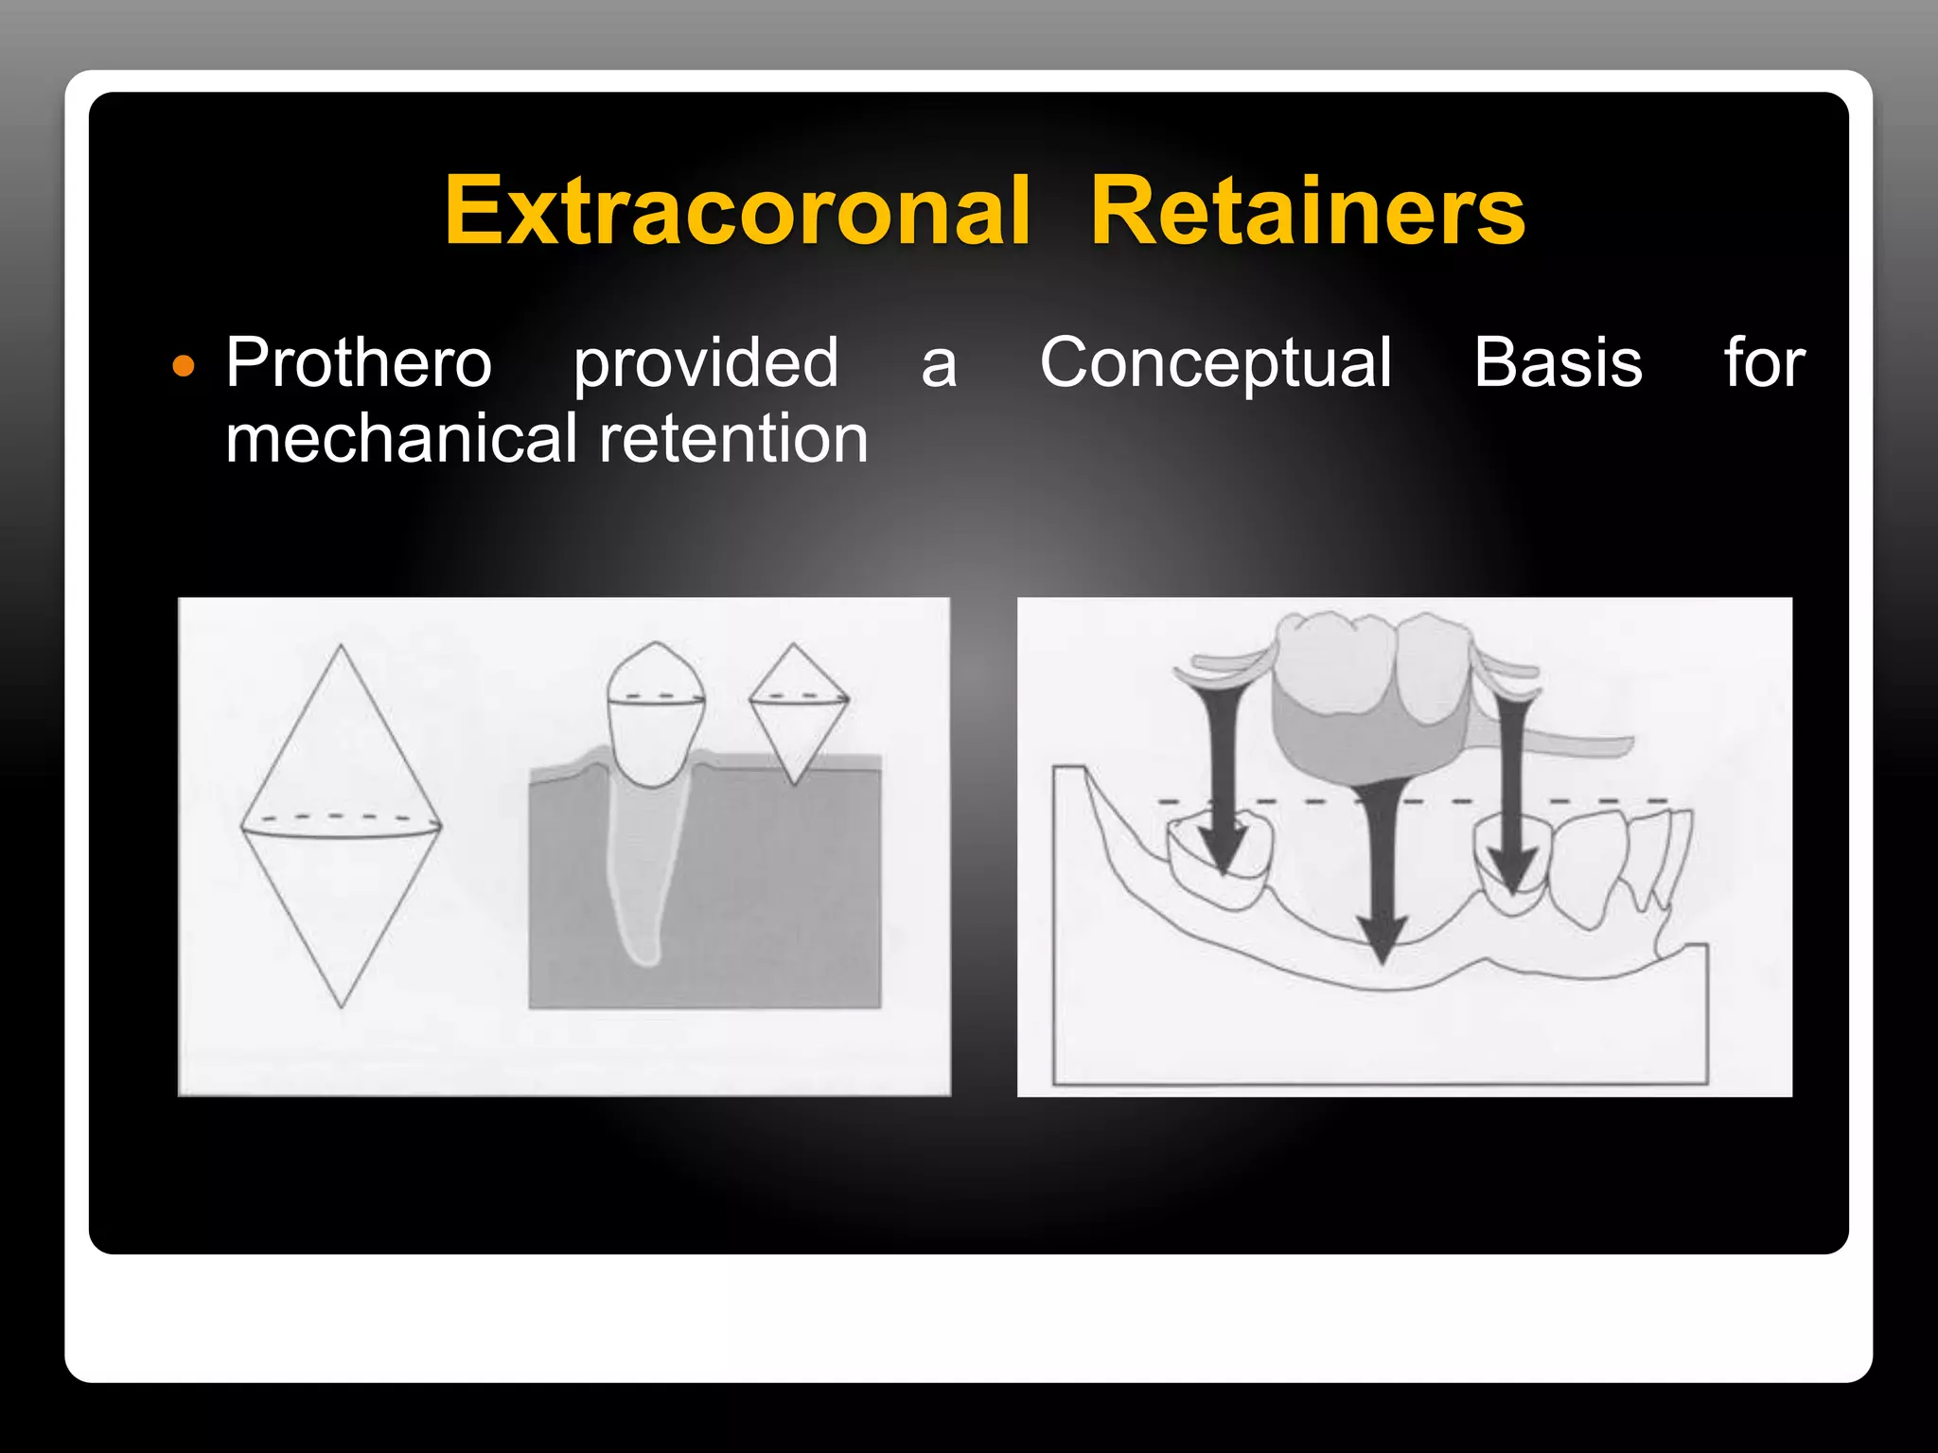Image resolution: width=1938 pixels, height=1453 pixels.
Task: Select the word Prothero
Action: [359, 362]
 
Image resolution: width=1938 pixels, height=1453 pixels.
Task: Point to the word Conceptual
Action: [1215, 364]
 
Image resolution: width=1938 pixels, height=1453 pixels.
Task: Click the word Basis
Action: [1558, 362]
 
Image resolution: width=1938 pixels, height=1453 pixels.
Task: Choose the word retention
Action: [733, 439]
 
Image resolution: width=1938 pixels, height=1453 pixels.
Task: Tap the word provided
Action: [706, 364]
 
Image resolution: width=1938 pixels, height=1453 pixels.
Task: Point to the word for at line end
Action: [1764, 362]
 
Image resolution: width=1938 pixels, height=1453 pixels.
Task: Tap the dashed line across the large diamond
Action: [342, 817]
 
